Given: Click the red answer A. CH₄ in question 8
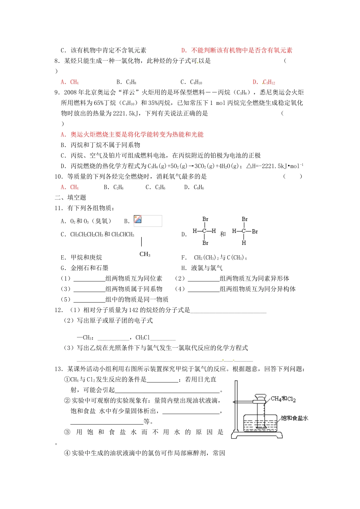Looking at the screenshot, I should click(x=70, y=82).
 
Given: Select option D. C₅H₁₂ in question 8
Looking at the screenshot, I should click(x=264, y=82).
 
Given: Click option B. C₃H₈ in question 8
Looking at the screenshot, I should click(x=126, y=82).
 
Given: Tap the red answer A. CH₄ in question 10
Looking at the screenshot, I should click(x=70, y=187).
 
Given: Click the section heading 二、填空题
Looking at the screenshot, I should click(x=70, y=197).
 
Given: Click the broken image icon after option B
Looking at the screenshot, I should click(x=138, y=220).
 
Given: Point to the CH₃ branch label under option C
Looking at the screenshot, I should click(x=145, y=254).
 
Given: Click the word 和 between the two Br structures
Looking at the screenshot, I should click(x=223, y=234).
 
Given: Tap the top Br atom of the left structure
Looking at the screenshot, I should click(x=205, y=219).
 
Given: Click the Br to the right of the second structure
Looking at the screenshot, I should click(x=255, y=231).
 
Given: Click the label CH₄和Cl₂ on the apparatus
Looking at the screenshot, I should click(x=283, y=399).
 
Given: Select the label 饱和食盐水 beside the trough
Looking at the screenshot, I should click(x=294, y=418).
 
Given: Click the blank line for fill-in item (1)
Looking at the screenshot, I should click(x=89, y=279).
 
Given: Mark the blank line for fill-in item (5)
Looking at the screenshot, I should click(x=89, y=300).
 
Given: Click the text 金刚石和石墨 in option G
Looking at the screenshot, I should click(x=89, y=268).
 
